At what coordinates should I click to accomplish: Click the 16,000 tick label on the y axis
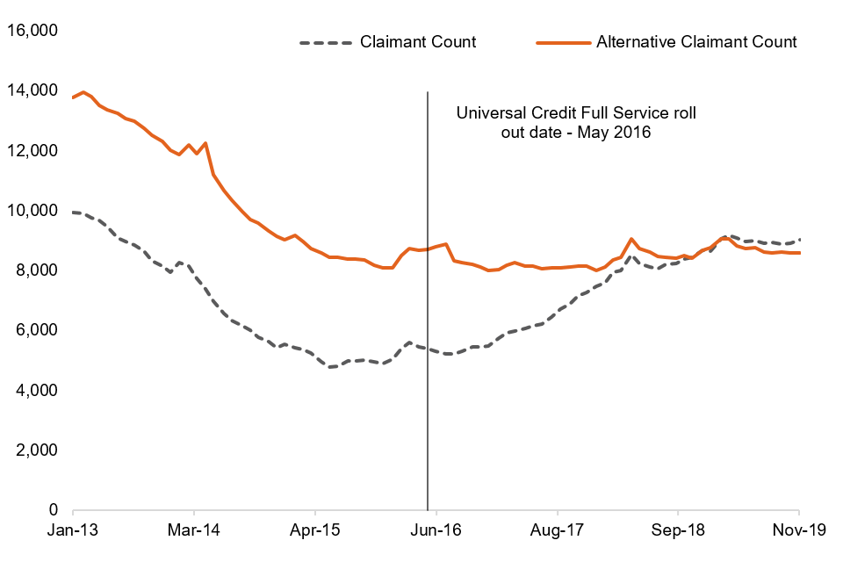32,31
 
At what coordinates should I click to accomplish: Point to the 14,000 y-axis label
32,90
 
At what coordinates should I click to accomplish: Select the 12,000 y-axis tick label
32,150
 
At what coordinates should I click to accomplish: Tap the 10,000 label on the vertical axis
32,210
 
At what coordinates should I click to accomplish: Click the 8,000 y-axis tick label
36,270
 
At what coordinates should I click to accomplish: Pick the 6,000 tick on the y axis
36,329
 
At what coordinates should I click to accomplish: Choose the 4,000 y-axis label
36,389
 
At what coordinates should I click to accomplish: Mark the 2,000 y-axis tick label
36,450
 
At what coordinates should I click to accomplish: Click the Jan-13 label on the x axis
73,530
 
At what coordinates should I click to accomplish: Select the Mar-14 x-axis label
193,530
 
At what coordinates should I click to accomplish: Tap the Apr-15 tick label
314,530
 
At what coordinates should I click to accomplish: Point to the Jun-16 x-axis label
436,530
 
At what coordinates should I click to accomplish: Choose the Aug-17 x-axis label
557,530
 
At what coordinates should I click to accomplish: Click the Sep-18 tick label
678,530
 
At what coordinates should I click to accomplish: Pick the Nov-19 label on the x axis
798,530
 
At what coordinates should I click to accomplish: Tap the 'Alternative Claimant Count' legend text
696,41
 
